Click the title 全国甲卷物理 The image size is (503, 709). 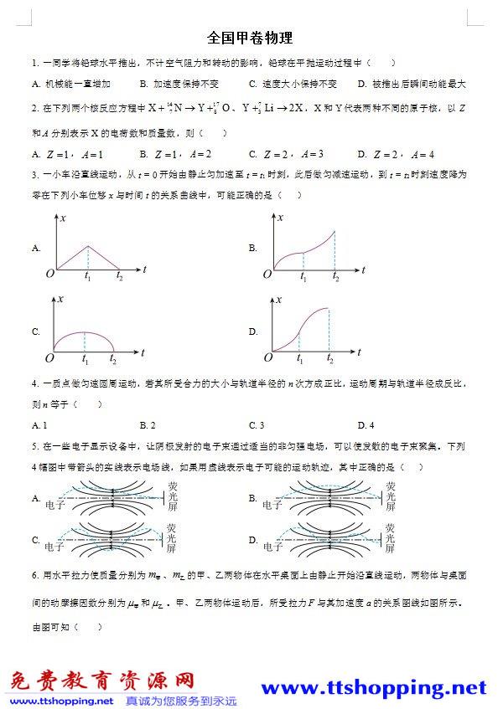(250, 39)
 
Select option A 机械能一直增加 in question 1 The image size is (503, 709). (71, 84)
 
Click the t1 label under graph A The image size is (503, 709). (87, 276)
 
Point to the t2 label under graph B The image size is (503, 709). (335, 276)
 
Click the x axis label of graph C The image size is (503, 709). (60, 300)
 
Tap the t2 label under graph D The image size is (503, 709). (329, 359)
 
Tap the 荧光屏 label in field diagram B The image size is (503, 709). (391, 496)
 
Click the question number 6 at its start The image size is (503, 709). (34, 578)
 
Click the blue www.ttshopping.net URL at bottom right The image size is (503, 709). (374, 688)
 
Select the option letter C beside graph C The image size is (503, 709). (36, 331)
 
